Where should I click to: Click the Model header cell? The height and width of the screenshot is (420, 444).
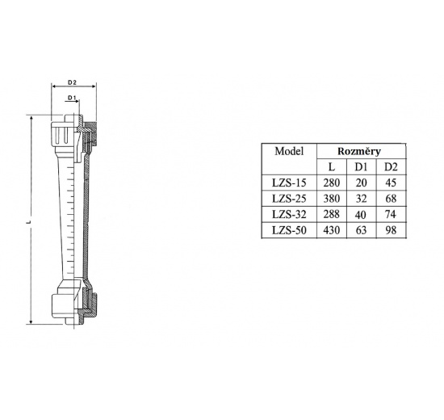click(x=288, y=151)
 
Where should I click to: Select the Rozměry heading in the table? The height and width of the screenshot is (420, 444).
click(x=359, y=151)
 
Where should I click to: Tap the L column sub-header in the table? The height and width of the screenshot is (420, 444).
click(x=331, y=167)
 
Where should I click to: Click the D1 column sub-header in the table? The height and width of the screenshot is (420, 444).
click(x=360, y=167)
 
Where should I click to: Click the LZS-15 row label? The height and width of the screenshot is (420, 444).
click(x=288, y=183)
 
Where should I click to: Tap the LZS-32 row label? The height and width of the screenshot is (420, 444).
click(x=288, y=215)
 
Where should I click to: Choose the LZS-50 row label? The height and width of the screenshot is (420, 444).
click(x=288, y=231)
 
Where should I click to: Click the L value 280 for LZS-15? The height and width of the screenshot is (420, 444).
click(x=331, y=183)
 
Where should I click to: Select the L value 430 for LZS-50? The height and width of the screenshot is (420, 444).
click(x=331, y=231)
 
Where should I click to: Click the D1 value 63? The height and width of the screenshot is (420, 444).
click(x=360, y=231)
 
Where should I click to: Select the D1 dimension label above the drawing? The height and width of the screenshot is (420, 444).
click(x=72, y=98)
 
